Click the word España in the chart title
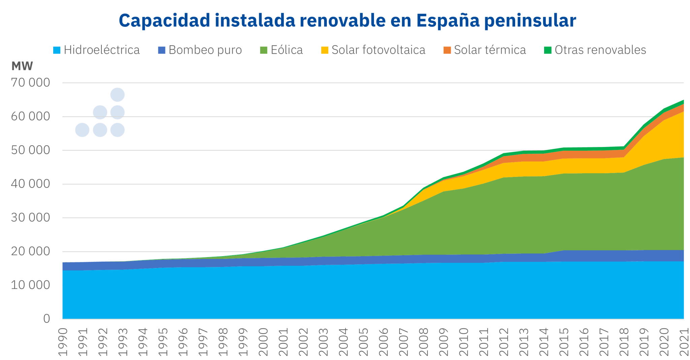coord(448,21)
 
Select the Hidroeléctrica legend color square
coord(57,50)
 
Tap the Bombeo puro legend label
coord(205,50)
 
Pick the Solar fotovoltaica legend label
coord(378,50)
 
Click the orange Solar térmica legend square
coord(447,50)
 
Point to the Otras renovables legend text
coord(600,50)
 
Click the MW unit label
coord(22,66)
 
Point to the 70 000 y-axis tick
coord(30,83)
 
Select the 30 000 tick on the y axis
coord(30,218)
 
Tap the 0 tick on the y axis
coord(46,319)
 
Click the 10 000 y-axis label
coord(30,285)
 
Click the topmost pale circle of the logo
coord(117,95)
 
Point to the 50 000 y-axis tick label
coord(30,150)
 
